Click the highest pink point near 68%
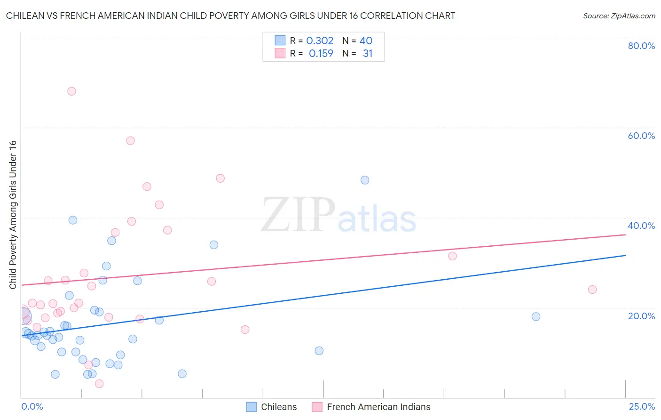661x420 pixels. click(71, 91)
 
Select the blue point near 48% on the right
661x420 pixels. click(365, 180)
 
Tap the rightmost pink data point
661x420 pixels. click(592, 290)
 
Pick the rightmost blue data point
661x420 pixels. click(536, 317)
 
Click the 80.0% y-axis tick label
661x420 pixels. click(641, 46)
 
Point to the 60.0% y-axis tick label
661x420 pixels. click(641, 136)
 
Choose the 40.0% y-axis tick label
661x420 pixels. click(641, 226)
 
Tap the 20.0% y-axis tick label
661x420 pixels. click(641, 316)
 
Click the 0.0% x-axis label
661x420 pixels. click(32, 407)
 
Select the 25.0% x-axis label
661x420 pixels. click(642, 407)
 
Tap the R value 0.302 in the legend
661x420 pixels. click(320, 41)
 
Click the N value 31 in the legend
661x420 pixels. click(368, 54)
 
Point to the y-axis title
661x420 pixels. click(13, 215)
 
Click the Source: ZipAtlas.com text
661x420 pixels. click(619, 16)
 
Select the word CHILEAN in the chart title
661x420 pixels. click(26, 16)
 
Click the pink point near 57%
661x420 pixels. click(130, 141)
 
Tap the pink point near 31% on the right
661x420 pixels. click(452, 256)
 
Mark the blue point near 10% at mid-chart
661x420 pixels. click(319, 351)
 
